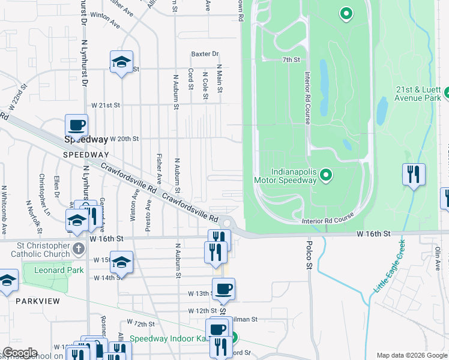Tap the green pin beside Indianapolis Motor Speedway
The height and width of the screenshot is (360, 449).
click(x=326, y=175)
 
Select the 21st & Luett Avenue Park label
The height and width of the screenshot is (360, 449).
click(x=418, y=93)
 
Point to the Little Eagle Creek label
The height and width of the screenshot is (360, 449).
click(x=388, y=266)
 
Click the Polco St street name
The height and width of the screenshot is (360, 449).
click(x=310, y=255)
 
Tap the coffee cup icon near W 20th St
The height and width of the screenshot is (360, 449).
click(x=76, y=125)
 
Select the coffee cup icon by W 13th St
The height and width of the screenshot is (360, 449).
click(x=223, y=289)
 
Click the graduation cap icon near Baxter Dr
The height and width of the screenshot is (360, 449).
click(x=121, y=62)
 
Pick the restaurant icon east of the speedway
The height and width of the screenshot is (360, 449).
click(x=414, y=175)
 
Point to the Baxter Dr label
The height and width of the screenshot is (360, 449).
click(x=205, y=54)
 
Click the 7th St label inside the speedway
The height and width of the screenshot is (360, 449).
click(x=291, y=60)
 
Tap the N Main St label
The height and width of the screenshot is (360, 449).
click(x=220, y=79)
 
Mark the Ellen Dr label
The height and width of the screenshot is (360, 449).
click(x=56, y=186)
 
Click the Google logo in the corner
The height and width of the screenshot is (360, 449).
click(x=20, y=353)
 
